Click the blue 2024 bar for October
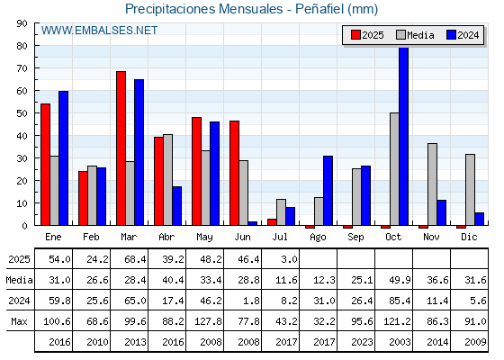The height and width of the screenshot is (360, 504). click(404, 136)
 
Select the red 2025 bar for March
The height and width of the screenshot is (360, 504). click(121, 148)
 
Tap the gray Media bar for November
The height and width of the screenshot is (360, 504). click(432, 184)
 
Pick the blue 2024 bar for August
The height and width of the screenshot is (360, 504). click(328, 191)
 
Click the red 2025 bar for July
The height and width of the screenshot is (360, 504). click(272, 222)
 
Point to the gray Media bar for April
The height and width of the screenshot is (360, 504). click(167, 180)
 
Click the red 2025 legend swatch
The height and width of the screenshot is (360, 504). click(355, 35)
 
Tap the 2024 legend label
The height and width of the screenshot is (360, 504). click(468, 35)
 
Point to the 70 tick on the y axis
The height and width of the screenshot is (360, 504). click(22, 68)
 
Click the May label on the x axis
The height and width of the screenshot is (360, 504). click(204, 238)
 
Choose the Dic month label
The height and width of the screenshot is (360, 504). click(469, 237)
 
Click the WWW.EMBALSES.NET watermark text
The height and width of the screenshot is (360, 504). click(99, 31)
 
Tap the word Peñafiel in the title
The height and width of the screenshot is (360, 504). click(319, 9)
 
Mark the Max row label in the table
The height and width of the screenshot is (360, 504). click(19, 321)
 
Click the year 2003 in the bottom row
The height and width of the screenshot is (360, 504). click(400, 342)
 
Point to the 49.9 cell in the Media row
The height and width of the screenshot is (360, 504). click(400, 280)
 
